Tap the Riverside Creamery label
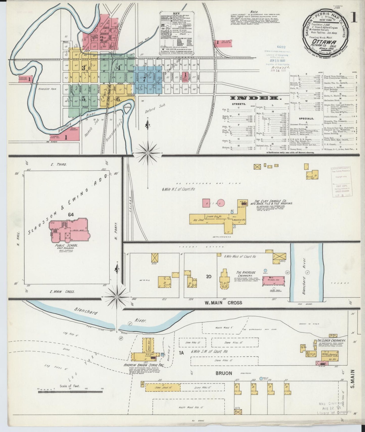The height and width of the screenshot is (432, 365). (246, 274)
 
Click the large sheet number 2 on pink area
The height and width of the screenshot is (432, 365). (101, 38)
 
